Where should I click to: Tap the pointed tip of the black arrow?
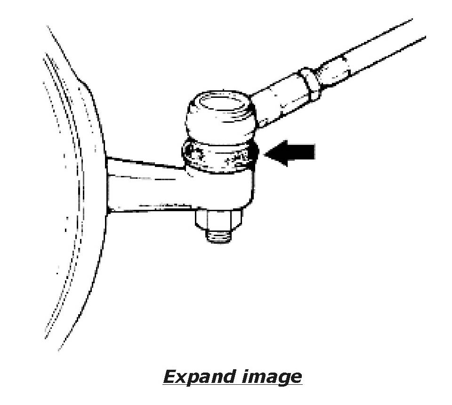tap(267, 153)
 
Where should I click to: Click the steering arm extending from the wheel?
tap(146, 186)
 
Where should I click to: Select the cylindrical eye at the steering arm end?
tap(221, 188)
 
